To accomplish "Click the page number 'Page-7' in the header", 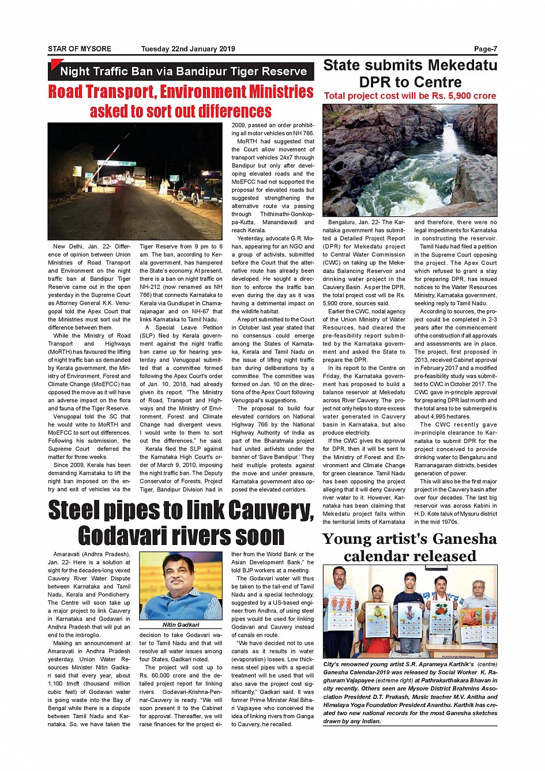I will [x=485, y=49].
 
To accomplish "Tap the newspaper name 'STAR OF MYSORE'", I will [x=80, y=49].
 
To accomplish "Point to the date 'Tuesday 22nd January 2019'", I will [x=188, y=49].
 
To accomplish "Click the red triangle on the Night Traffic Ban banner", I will [x=55, y=64].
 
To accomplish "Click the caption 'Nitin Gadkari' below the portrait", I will [x=181, y=625].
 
